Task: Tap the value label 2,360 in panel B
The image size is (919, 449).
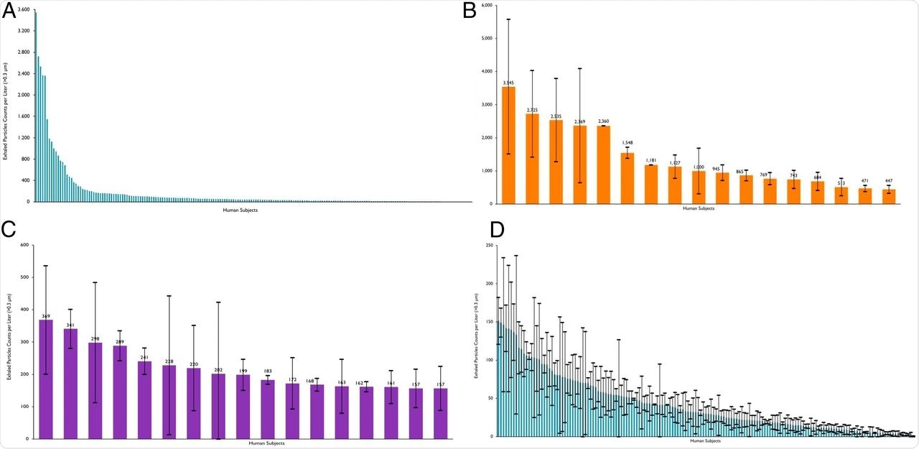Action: click(604, 121)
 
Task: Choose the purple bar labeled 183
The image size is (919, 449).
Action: click(268, 409)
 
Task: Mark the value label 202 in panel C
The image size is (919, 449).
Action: click(218, 370)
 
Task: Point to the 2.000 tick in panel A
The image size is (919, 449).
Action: click(24, 95)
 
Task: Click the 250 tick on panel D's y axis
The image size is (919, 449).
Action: click(488, 246)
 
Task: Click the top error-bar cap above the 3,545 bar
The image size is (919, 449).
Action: click(508, 19)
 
